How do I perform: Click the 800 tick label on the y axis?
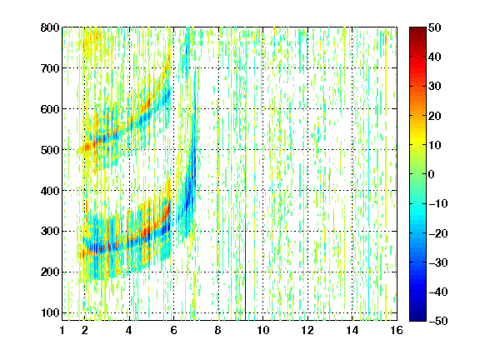pos(50,27)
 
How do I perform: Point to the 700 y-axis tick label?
pos(50,68)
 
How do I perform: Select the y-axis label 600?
pos(50,109)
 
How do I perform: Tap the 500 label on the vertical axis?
pos(50,150)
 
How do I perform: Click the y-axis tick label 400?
pos(50,191)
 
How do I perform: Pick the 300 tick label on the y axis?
pos(50,231)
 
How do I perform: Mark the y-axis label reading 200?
pos(50,272)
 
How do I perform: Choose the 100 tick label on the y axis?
pos(50,312)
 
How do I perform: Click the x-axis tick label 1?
pos(62,330)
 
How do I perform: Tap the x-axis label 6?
pos(174,330)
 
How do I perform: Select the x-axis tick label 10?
pos(263,330)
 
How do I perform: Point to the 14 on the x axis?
pos(352,330)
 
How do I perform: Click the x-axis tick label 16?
pos(397,330)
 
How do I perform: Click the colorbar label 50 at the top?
pos(435,27)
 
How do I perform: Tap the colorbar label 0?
pos(432,174)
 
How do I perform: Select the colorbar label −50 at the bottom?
pos(438,321)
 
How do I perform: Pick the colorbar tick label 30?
pos(435,87)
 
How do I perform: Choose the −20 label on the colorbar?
pos(438,233)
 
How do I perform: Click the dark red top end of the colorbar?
pos(417,30)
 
